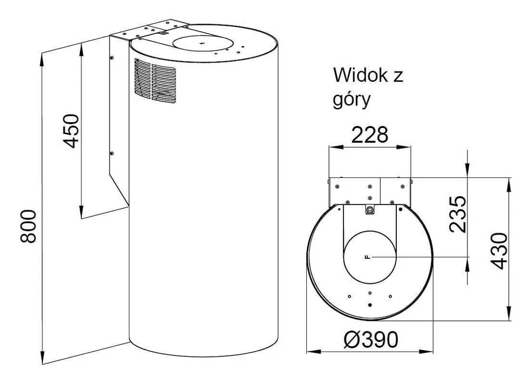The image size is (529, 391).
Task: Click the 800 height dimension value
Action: coord(28,227)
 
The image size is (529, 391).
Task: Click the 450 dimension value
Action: coord(71,131)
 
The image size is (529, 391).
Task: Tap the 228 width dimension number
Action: coord(370,135)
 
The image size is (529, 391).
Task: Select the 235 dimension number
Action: coord(458,214)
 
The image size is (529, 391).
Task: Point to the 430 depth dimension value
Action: coord(499,251)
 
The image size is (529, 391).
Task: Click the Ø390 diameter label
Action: coord(371,340)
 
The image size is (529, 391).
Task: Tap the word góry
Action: coord(352,100)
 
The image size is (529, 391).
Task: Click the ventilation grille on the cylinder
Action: coord(155,81)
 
